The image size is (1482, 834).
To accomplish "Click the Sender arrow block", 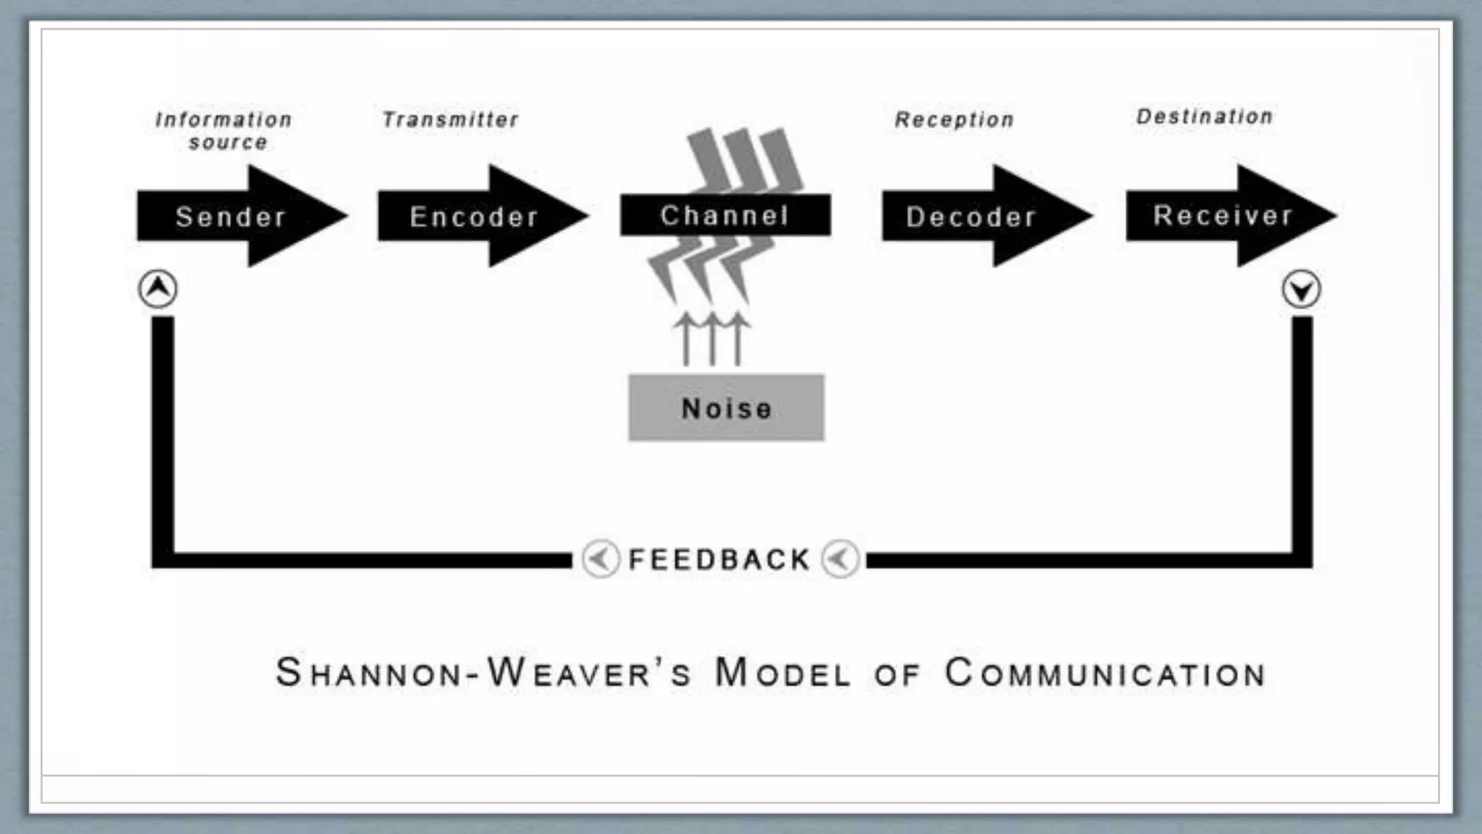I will pos(232,216).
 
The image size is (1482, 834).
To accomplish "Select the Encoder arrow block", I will pos(474,216).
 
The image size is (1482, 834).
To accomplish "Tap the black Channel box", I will pos(725,215).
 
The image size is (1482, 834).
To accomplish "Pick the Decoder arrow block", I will pos(972,216).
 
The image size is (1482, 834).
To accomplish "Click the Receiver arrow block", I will pos(1223,215).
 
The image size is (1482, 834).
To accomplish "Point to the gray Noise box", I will pos(726,408).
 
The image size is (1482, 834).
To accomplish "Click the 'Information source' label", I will pos(225,130).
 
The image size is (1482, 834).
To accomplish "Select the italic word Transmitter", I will pos(450,119).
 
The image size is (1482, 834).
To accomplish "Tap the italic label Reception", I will pos(954,119).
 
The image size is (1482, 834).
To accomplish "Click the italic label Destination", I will pos(1204,117).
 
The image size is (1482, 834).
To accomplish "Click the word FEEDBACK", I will pos(719,560).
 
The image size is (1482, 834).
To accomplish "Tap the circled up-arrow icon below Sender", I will pos(158,289).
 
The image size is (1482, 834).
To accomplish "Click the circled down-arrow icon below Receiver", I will pos(1301,290).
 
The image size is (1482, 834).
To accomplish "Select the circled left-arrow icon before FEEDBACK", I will pos(601,559).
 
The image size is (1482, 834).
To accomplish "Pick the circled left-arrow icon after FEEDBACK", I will pos(840,559).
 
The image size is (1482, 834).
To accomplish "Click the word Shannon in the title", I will pos(368,673).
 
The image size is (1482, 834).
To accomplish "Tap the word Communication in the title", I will pos(1105,673).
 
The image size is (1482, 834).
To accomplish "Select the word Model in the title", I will pos(782,673).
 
